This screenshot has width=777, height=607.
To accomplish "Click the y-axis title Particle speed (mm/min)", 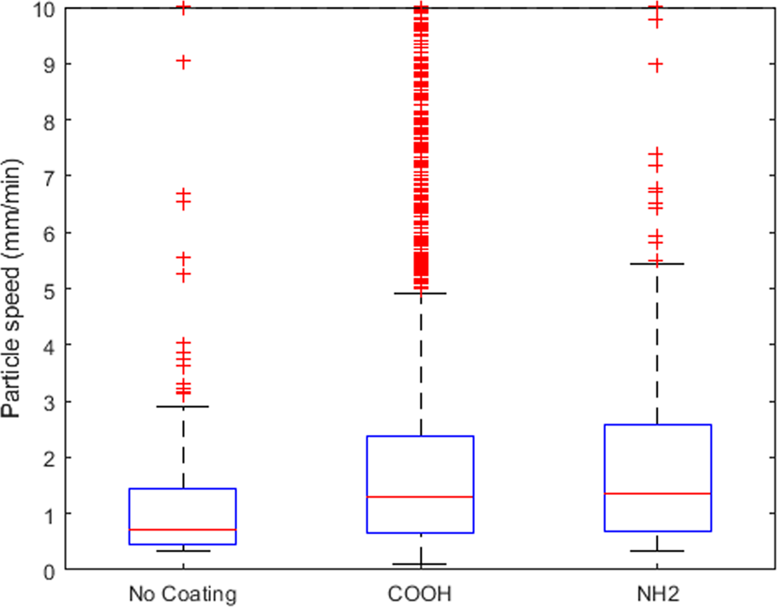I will coord(12,288).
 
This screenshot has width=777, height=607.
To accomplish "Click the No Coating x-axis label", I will coord(182,595).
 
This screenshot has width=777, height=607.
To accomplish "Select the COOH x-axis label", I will coord(420,595).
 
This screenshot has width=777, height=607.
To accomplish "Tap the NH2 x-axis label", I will coord(657,595).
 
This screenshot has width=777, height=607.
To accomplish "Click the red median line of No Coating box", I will coord(183,529).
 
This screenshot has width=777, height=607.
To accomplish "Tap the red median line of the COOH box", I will coord(420,497).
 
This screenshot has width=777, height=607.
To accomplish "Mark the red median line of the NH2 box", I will coord(657,493).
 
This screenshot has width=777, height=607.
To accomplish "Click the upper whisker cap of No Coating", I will coord(183,406).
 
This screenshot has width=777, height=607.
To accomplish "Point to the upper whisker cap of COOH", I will coord(420,294).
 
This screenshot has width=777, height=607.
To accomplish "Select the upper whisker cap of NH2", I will coord(657,263).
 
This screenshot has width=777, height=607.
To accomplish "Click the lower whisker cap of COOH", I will coord(420,564).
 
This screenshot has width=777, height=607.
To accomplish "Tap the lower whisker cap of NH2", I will coord(657,551).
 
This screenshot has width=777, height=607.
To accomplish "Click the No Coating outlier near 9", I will coord(183,62).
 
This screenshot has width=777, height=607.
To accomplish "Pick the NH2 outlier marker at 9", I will coord(657,64).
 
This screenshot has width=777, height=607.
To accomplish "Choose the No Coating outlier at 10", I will coord(183,8).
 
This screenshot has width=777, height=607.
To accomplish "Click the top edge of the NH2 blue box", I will coord(657,425).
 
